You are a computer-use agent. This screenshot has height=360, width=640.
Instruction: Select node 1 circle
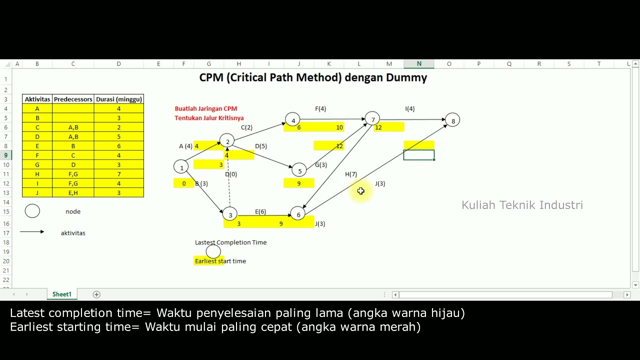click(x=181, y=167)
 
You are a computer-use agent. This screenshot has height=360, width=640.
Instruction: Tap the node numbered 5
click(x=299, y=170)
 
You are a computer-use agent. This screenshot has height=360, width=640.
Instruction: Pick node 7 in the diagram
click(x=372, y=119)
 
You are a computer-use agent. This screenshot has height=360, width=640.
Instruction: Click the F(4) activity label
click(x=320, y=108)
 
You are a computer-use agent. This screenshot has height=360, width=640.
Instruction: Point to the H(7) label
click(x=351, y=174)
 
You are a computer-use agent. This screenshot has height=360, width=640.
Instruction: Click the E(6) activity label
click(x=260, y=211)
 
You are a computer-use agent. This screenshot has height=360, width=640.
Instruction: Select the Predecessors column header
click(x=73, y=99)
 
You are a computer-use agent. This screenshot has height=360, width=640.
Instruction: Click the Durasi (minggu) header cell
click(x=118, y=99)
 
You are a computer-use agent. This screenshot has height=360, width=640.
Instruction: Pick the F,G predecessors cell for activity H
click(x=73, y=174)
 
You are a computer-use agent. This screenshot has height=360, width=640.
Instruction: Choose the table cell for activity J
click(x=37, y=192)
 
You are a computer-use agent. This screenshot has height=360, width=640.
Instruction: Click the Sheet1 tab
click(x=62, y=294)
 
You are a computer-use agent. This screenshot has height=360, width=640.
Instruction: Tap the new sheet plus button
click(x=96, y=294)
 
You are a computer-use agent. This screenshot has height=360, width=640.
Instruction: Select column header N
click(x=419, y=64)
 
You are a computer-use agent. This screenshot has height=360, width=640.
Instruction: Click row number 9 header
click(x=6, y=155)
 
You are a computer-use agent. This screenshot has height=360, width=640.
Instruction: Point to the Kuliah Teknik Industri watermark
click(x=522, y=205)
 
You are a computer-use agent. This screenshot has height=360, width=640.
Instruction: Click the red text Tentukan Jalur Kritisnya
click(x=209, y=118)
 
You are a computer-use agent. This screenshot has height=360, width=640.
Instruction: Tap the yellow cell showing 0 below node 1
click(x=184, y=183)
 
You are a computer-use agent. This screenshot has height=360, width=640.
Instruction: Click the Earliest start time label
click(x=220, y=261)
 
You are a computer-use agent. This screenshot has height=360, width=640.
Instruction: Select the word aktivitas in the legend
click(x=73, y=233)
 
